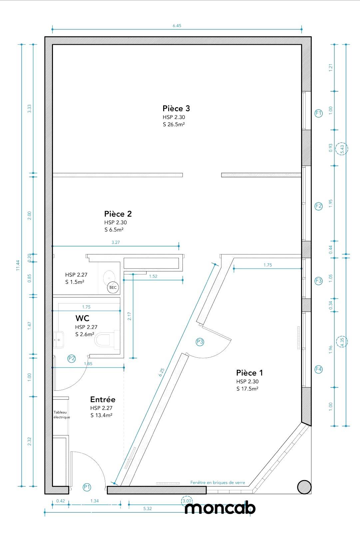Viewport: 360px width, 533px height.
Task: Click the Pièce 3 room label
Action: (176, 109)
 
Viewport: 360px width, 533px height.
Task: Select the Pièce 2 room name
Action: (118, 214)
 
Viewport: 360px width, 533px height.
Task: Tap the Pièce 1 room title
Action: (249, 373)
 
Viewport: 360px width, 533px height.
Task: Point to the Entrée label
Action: (103, 399)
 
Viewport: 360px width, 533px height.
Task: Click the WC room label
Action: (82, 318)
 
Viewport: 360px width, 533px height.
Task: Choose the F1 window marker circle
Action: (319, 113)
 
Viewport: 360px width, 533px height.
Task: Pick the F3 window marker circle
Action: (319, 281)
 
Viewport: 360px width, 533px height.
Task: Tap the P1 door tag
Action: (87, 487)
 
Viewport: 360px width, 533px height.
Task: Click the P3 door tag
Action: (200, 342)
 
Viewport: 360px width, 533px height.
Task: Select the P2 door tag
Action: (72, 358)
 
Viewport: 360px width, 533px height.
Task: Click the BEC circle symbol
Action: (113, 287)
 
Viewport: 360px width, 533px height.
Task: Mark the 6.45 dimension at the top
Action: (177, 26)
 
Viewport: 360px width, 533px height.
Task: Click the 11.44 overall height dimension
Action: (18, 265)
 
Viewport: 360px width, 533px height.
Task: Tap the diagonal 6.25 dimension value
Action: (162, 372)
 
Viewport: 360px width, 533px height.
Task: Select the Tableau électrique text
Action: (62, 415)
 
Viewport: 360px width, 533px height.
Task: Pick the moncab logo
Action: (220, 508)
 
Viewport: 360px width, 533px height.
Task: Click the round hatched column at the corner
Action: (304, 487)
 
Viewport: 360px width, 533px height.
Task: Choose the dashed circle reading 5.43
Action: (342, 149)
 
